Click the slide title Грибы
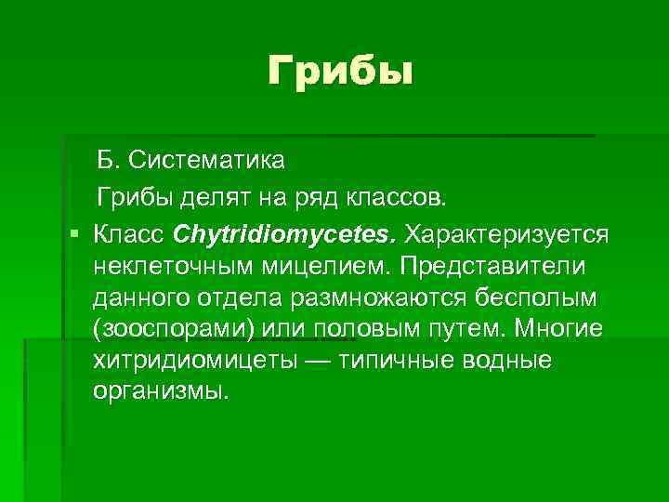coord(339,72)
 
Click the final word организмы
coord(159,395)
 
